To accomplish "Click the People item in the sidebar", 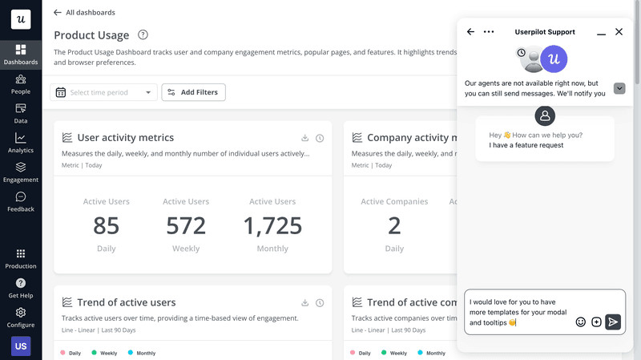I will coord(21,83).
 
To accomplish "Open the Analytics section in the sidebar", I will coord(21,143).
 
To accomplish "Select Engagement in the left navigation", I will coord(21,172).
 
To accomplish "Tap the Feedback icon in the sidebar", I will coord(21,201).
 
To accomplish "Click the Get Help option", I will coord(21,288).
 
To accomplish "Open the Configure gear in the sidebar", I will coord(21,317).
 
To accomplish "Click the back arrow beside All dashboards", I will coord(57,13).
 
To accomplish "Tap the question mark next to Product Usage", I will coord(143,34).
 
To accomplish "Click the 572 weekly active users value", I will coord(186,225).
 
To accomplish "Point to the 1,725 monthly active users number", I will coord(272,225).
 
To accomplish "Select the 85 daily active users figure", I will coord(107,225).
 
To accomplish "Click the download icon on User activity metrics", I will coord(305,138).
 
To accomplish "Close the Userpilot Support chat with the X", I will coord(619,32).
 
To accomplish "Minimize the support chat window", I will coord(601,33).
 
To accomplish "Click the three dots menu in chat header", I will coord(489,32).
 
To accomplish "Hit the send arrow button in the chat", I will coord(613,322).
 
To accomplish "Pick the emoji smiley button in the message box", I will coord(581,322).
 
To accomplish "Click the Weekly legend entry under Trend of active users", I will coord(104,353).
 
